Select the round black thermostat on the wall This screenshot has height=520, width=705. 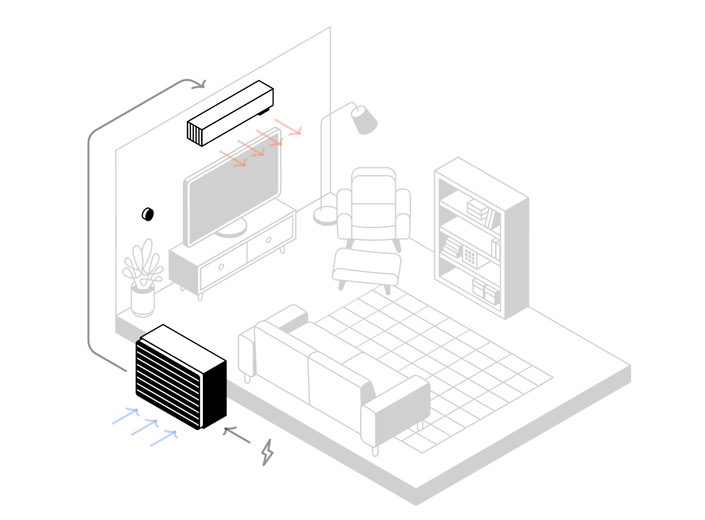[148, 214]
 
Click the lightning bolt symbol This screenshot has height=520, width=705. [268, 452]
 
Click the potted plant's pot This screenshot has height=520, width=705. [142, 301]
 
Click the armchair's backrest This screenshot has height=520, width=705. [373, 190]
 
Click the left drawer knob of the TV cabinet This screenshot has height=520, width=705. [221, 267]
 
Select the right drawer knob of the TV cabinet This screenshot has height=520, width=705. [269, 240]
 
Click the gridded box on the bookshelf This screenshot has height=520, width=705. [470, 257]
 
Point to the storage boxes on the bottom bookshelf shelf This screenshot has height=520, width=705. [486, 292]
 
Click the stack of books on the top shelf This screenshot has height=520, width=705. [478, 209]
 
